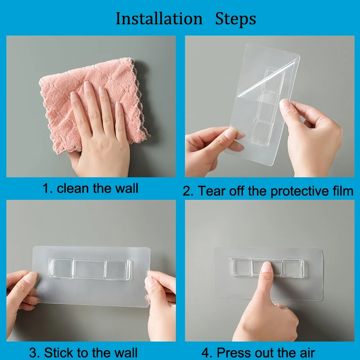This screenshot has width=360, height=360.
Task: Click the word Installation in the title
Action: click(x=159, y=18)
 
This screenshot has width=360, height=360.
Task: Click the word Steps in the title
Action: click(x=235, y=19)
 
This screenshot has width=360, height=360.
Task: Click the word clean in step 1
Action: click(x=72, y=188)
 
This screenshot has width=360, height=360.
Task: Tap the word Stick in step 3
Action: click(x=59, y=352)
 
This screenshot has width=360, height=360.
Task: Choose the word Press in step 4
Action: click(x=234, y=352)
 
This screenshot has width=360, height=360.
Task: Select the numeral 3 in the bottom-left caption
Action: click(x=33, y=352)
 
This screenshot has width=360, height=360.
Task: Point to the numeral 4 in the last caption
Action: click(x=206, y=353)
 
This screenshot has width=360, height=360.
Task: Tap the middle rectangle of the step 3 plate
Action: click(x=89, y=269)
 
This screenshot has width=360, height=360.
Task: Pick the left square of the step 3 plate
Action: click(x=61, y=268)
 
